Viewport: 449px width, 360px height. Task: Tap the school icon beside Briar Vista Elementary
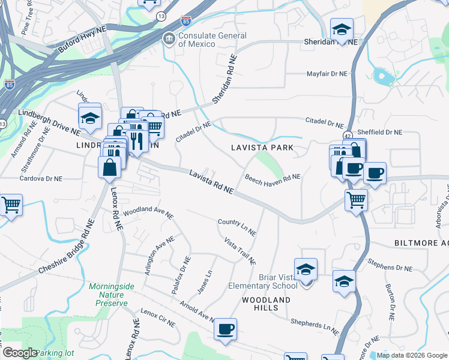click(306, 271)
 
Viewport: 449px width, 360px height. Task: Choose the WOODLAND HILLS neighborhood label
click(266, 304)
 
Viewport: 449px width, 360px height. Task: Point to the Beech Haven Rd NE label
click(273, 177)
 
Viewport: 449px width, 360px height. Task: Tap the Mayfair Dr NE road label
click(327, 74)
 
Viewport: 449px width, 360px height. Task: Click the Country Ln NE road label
click(237, 227)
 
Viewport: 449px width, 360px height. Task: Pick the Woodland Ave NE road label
click(148, 213)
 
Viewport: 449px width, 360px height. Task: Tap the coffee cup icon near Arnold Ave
click(225, 329)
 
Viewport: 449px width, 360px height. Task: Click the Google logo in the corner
click(19, 353)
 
